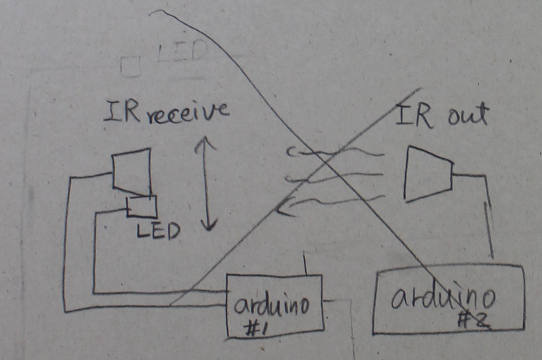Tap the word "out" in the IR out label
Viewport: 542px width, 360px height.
pos(468,115)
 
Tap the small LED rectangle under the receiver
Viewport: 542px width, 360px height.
pos(142,206)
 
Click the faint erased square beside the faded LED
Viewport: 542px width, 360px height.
pos(131,66)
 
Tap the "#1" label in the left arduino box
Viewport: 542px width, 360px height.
pos(258,330)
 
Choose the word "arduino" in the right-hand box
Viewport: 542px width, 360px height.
pos(442,298)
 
